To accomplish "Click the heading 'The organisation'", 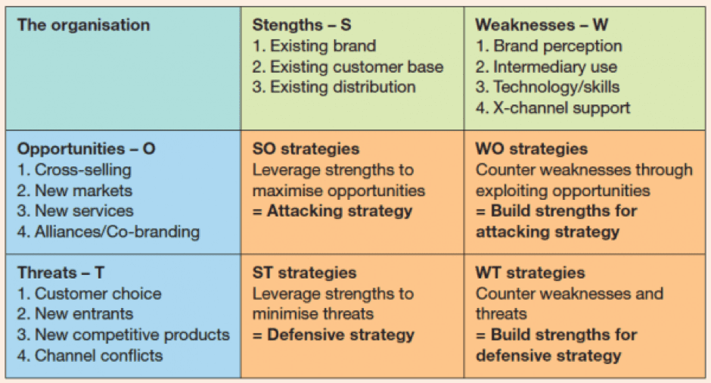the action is coord(83,25).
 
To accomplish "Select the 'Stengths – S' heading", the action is coord(302,25).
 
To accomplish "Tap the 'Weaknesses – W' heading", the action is coord(542,25).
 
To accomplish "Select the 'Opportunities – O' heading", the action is coord(86,149).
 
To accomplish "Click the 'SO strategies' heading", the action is coord(306,149).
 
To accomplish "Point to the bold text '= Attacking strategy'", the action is coord(332,211).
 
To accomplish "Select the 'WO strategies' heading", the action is coord(532,149).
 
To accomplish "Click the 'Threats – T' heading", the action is coord(61,272).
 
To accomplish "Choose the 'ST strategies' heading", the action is coord(304,272).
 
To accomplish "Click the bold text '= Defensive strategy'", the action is coord(334,335).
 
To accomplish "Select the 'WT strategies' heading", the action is coord(530,272).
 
